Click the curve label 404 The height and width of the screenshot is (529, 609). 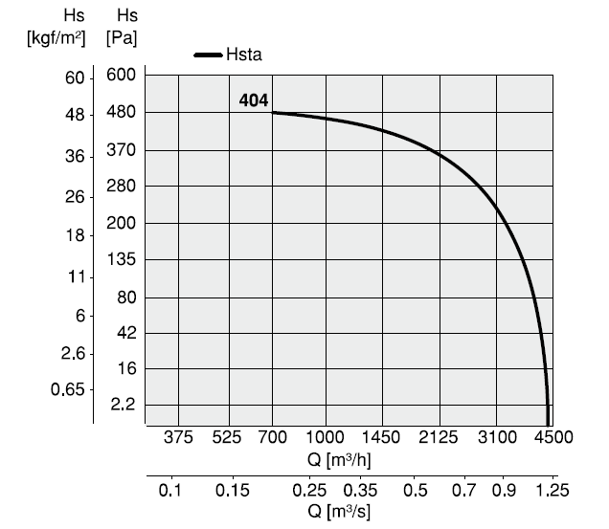click(x=254, y=99)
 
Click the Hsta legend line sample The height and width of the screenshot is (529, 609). click(x=208, y=55)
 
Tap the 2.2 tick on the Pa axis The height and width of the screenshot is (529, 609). click(x=124, y=406)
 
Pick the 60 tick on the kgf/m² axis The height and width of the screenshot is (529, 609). click(x=75, y=77)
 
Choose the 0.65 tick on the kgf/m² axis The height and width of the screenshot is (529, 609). click(x=69, y=389)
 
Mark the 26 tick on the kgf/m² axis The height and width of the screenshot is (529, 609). click(x=75, y=197)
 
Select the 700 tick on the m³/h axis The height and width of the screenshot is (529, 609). click(x=273, y=438)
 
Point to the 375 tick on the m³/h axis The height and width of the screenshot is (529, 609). click(x=179, y=438)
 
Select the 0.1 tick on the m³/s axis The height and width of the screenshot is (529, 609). click(x=170, y=491)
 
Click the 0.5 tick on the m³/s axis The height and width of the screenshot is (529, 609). click(x=416, y=491)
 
